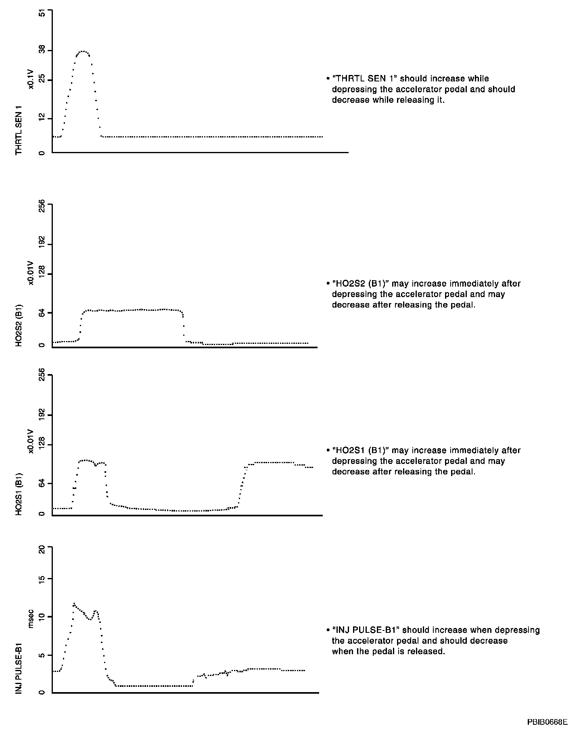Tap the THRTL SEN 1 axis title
click(x=19, y=130)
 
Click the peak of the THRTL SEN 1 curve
click(x=84, y=51)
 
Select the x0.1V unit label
click(x=31, y=78)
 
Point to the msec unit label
click(x=31, y=621)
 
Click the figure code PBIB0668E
click(x=547, y=721)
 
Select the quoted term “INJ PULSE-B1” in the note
click(x=366, y=630)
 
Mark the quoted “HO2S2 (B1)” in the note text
click(x=360, y=284)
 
